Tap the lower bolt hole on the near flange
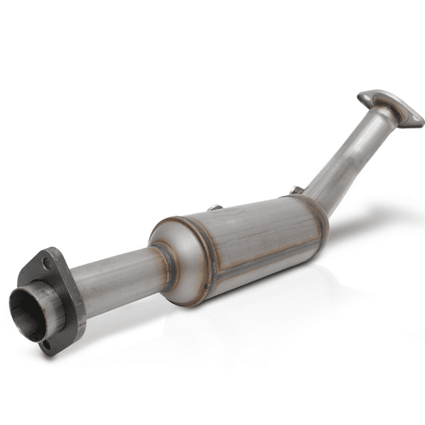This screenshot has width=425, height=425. pyautogui.click(x=46, y=344)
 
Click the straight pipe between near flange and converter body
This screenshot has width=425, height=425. pyautogui.click(x=118, y=278)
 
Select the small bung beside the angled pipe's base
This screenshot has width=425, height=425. pyautogui.click(x=296, y=191)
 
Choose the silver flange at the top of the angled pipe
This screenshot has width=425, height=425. pyautogui.click(x=391, y=107)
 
